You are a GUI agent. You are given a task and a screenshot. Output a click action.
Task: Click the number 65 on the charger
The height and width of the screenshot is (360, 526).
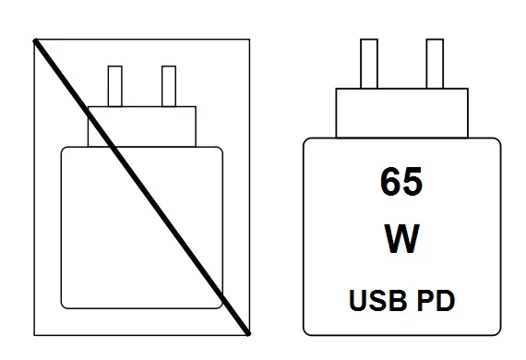[400, 183]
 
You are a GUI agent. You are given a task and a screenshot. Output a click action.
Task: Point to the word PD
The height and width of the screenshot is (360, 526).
[438, 300]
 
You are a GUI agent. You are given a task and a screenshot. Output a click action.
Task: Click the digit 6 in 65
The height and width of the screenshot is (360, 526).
[389, 183]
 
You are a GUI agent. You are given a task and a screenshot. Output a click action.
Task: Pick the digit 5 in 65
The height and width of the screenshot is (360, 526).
[412, 183]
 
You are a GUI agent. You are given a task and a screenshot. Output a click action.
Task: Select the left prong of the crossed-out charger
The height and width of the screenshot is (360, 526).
[115, 86]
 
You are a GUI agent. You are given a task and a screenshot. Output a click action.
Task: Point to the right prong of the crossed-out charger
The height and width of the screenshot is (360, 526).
[169, 86]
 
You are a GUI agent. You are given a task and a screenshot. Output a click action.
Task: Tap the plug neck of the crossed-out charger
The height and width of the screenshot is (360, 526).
[143, 126]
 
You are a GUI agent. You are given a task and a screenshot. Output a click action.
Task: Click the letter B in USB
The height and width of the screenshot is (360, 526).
[390, 300]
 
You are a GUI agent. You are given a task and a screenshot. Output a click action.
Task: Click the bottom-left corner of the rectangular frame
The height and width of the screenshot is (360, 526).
[34, 333]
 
